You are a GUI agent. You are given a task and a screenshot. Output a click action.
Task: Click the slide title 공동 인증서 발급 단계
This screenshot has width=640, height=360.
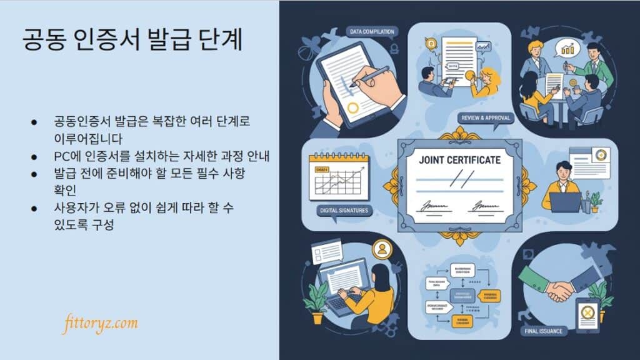[131, 41]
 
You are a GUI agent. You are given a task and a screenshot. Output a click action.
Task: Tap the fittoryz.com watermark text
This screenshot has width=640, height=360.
[100, 324]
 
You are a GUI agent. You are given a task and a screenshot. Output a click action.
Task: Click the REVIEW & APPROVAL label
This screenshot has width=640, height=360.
[485, 118]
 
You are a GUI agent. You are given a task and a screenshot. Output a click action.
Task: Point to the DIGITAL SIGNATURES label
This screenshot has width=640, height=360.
[344, 211]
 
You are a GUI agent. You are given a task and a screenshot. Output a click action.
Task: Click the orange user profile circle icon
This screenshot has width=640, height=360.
[381, 249]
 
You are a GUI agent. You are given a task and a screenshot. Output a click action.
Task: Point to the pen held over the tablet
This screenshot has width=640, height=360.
[369, 76]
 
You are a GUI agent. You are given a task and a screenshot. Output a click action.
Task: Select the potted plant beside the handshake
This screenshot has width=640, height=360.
[601, 294]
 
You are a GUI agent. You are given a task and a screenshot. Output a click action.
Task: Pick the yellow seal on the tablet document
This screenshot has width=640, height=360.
[353, 107]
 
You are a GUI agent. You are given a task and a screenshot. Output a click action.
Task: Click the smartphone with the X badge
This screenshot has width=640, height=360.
[587, 314]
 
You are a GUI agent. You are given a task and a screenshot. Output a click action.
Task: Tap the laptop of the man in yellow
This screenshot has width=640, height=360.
[565, 202]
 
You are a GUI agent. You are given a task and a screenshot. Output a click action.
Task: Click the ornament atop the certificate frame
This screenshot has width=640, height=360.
[461, 134]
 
